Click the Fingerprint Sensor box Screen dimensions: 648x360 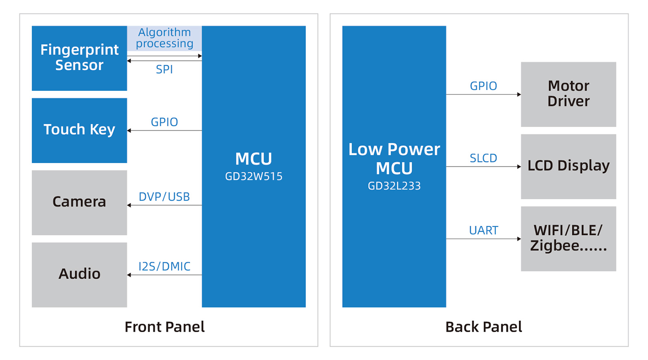(x=79, y=58)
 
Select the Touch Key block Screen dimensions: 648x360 (x=79, y=130)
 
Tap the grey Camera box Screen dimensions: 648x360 (x=79, y=202)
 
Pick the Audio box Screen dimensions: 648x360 (x=79, y=275)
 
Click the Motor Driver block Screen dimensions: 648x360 (x=568, y=94)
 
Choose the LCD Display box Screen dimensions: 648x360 (x=568, y=166)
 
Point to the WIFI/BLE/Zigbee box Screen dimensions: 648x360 (x=568, y=239)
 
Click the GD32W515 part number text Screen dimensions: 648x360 (x=254, y=176)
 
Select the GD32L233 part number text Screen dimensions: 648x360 (x=394, y=186)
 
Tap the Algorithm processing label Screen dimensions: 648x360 (x=165, y=38)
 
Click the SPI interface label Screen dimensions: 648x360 (x=164, y=69)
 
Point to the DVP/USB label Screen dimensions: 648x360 (x=164, y=197)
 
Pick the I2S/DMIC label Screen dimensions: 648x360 (x=164, y=266)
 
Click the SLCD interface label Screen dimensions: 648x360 (x=483, y=158)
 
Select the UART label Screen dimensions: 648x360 (x=483, y=230)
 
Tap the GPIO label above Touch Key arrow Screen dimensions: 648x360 (x=164, y=122)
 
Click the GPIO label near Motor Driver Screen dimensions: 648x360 (x=483, y=86)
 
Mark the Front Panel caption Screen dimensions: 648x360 (x=165, y=327)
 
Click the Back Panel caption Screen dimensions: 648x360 (x=484, y=327)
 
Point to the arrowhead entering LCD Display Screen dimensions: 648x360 (x=519, y=166)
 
